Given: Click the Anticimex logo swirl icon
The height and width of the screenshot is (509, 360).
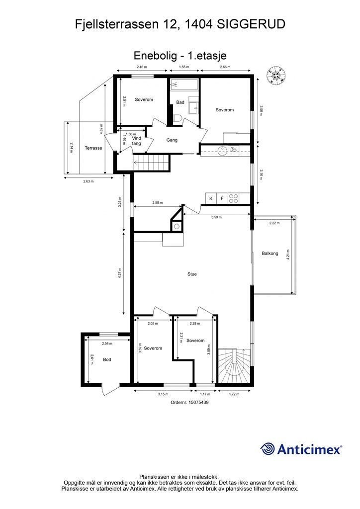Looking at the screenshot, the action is point(267,449).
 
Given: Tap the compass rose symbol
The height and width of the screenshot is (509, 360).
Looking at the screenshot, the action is point(276,75).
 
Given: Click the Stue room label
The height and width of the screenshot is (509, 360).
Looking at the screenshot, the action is point(192,274).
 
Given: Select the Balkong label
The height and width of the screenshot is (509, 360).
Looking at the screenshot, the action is point(270,253).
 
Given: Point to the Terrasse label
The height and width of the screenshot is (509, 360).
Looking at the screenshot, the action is point(93,148).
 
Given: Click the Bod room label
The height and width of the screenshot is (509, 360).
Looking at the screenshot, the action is point(107,359).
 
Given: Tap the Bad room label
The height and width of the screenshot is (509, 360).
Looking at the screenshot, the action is point(180,102).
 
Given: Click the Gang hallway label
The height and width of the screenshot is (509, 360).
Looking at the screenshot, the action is point(172,140).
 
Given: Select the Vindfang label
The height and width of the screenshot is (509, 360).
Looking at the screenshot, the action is point(137,141).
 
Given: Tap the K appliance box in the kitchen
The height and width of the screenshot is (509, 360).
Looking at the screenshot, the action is point(211,198).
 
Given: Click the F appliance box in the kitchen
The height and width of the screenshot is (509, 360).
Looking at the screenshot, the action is point(222,198).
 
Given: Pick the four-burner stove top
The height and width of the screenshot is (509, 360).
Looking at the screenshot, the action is point(233,198).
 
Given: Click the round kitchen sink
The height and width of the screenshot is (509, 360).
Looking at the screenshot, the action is point(222,151).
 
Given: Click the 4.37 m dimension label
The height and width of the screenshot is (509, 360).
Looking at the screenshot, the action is point(119,273).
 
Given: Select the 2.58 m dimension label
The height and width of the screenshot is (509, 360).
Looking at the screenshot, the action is point(158,203).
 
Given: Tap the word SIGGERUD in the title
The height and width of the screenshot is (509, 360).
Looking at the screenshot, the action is point(251,24).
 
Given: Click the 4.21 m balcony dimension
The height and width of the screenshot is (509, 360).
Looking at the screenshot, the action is point(288,254).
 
